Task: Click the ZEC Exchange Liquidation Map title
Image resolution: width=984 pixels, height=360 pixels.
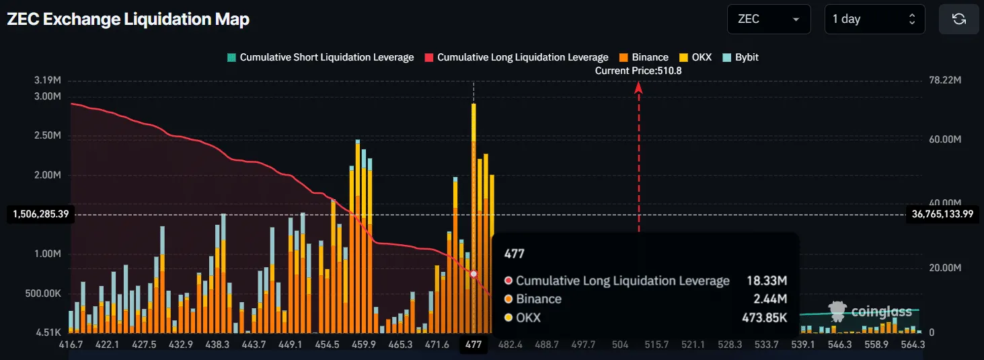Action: click(x=128, y=20)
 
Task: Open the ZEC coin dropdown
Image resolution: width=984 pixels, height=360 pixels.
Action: click(x=769, y=20)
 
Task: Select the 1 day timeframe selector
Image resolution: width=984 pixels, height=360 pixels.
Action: click(x=874, y=20)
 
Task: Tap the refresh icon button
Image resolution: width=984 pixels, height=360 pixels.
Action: click(x=958, y=20)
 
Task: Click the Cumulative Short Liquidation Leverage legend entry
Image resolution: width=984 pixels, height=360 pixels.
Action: click(x=320, y=58)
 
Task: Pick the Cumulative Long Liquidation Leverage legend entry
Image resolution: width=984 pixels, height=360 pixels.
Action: click(x=517, y=58)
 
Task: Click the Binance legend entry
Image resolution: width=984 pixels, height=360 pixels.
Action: click(x=644, y=58)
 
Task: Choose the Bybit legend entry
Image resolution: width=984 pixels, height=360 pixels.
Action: click(x=741, y=58)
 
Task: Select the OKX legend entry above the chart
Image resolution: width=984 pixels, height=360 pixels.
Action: click(x=695, y=58)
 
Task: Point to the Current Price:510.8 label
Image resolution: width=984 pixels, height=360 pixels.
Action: click(x=638, y=71)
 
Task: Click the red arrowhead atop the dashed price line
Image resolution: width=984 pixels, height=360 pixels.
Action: click(x=639, y=87)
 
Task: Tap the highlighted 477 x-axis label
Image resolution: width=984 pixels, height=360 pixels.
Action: click(x=474, y=345)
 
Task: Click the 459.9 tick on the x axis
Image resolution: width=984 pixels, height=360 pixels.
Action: click(x=364, y=345)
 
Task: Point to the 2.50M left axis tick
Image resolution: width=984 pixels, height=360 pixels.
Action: click(x=48, y=135)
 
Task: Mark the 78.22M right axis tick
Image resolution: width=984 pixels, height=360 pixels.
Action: click(x=945, y=80)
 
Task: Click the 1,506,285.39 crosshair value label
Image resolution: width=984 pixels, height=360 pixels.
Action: click(x=41, y=214)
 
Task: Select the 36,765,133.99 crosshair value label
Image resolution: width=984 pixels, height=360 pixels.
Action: click(x=943, y=214)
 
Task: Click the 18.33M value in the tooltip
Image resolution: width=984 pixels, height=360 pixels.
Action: click(x=767, y=281)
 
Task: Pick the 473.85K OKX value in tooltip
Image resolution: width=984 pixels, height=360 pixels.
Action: click(x=764, y=318)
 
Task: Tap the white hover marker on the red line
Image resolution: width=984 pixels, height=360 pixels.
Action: click(x=474, y=274)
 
